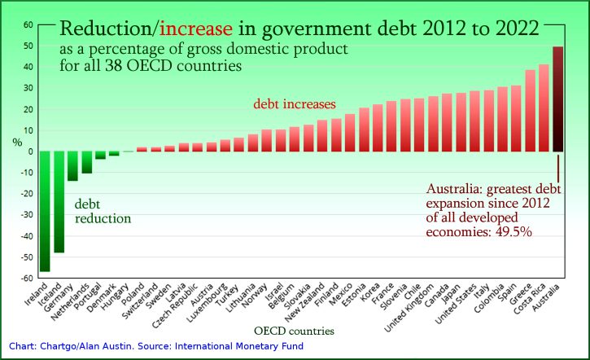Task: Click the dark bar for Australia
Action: (557, 99)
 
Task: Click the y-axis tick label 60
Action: (27, 24)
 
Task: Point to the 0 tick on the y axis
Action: (30, 151)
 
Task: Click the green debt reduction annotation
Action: (102, 212)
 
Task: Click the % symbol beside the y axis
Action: (17, 142)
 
